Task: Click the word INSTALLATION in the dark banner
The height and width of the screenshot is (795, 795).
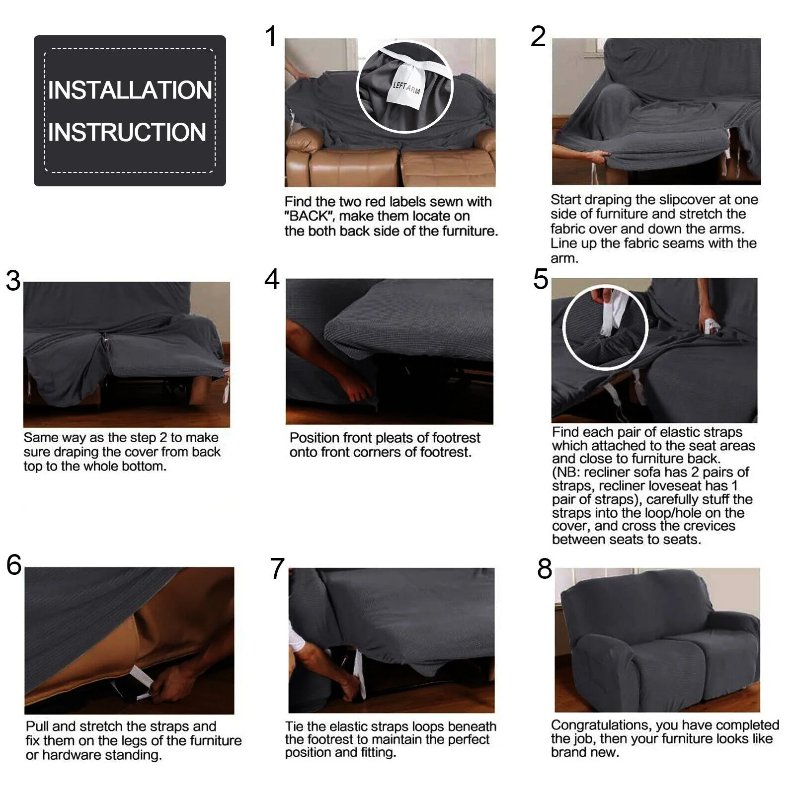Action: (130, 90)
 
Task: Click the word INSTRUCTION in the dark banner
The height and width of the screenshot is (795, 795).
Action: (127, 132)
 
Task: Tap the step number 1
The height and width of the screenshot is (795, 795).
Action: (271, 37)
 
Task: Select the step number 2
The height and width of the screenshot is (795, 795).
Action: (538, 37)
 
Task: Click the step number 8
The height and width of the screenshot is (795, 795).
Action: (545, 569)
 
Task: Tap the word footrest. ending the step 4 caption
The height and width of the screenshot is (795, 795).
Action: (446, 453)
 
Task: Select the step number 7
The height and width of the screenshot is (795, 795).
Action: (277, 569)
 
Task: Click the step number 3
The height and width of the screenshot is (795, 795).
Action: (13, 281)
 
